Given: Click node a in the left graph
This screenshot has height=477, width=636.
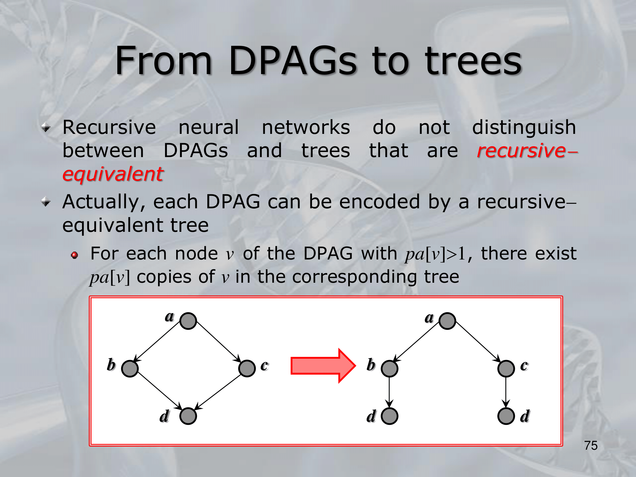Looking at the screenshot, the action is click(188, 321).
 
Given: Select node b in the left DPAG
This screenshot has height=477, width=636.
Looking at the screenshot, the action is click(130, 369).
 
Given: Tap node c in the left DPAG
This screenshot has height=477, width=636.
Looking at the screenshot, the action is click(247, 369).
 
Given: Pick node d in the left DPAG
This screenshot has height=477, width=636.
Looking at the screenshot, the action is click(188, 416).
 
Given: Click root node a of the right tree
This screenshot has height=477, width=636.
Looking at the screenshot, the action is click(447, 321).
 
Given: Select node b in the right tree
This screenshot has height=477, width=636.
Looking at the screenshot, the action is click(390, 369).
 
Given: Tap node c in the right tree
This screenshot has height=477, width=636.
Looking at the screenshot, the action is click(506, 369).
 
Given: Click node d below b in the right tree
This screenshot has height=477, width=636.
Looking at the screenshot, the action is click(390, 416).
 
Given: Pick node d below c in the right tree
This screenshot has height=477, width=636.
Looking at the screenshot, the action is click(506, 416).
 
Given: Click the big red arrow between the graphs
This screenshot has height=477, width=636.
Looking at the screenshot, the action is click(323, 366).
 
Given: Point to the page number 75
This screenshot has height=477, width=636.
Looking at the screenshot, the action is click(591, 446).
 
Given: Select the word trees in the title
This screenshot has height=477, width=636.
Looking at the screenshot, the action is click(474, 61).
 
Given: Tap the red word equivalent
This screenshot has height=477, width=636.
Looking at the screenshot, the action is click(113, 174).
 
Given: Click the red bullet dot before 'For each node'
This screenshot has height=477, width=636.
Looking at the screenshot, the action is click(74, 255).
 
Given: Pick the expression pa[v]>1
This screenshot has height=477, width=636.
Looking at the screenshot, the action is click(435, 254).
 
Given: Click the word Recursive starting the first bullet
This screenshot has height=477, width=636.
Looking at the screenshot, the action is click(109, 127).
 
